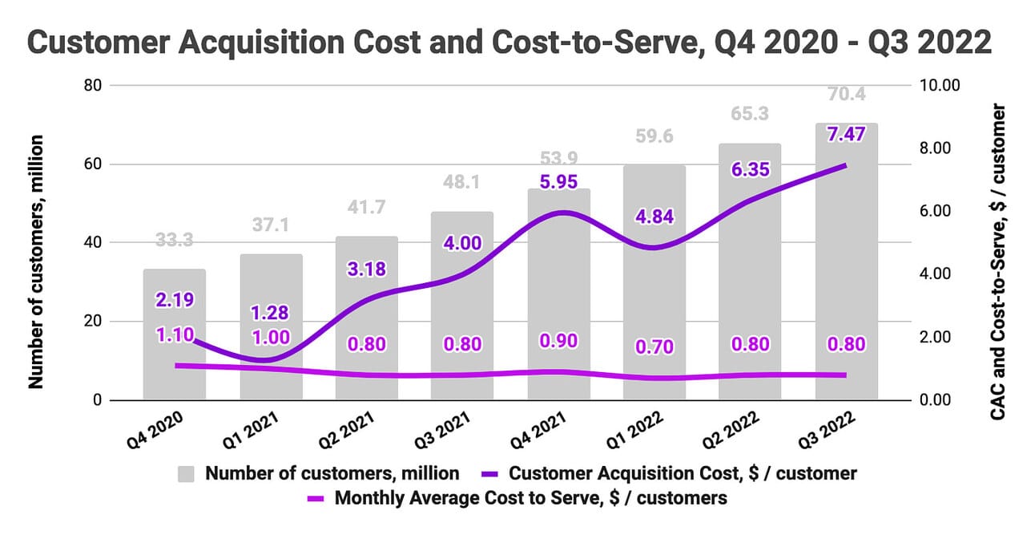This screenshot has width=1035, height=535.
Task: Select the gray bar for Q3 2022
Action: coord(847,265)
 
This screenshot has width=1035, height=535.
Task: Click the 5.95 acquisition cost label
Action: coord(558,182)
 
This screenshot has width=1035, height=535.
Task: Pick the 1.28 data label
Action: coord(271,312)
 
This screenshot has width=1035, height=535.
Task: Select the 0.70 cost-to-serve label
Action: coord(654,347)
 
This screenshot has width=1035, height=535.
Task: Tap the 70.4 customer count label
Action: coord(847,96)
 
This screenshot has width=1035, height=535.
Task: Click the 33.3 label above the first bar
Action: coord(175,240)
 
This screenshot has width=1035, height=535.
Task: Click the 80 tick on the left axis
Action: coord(95,85)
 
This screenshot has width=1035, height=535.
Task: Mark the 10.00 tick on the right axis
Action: coord(942,85)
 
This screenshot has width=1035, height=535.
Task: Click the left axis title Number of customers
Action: coord(35,262)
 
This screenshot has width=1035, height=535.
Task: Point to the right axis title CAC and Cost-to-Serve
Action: coord(997,262)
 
